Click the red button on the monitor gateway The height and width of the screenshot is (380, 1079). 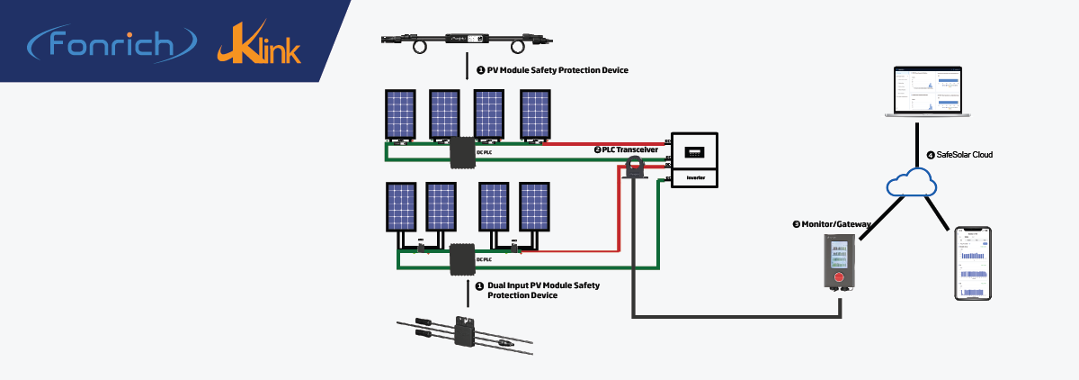point(840,278)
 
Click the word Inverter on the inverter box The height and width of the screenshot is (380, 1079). point(695,178)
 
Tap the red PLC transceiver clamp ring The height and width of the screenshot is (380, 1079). point(637,164)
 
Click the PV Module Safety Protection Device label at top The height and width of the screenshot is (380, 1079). point(551,69)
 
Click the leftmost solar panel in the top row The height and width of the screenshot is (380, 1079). point(400,114)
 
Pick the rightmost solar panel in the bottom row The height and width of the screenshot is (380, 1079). point(534,207)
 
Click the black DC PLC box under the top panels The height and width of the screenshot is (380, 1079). point(463,152)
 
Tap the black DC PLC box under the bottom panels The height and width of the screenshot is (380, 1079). point(462,258)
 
